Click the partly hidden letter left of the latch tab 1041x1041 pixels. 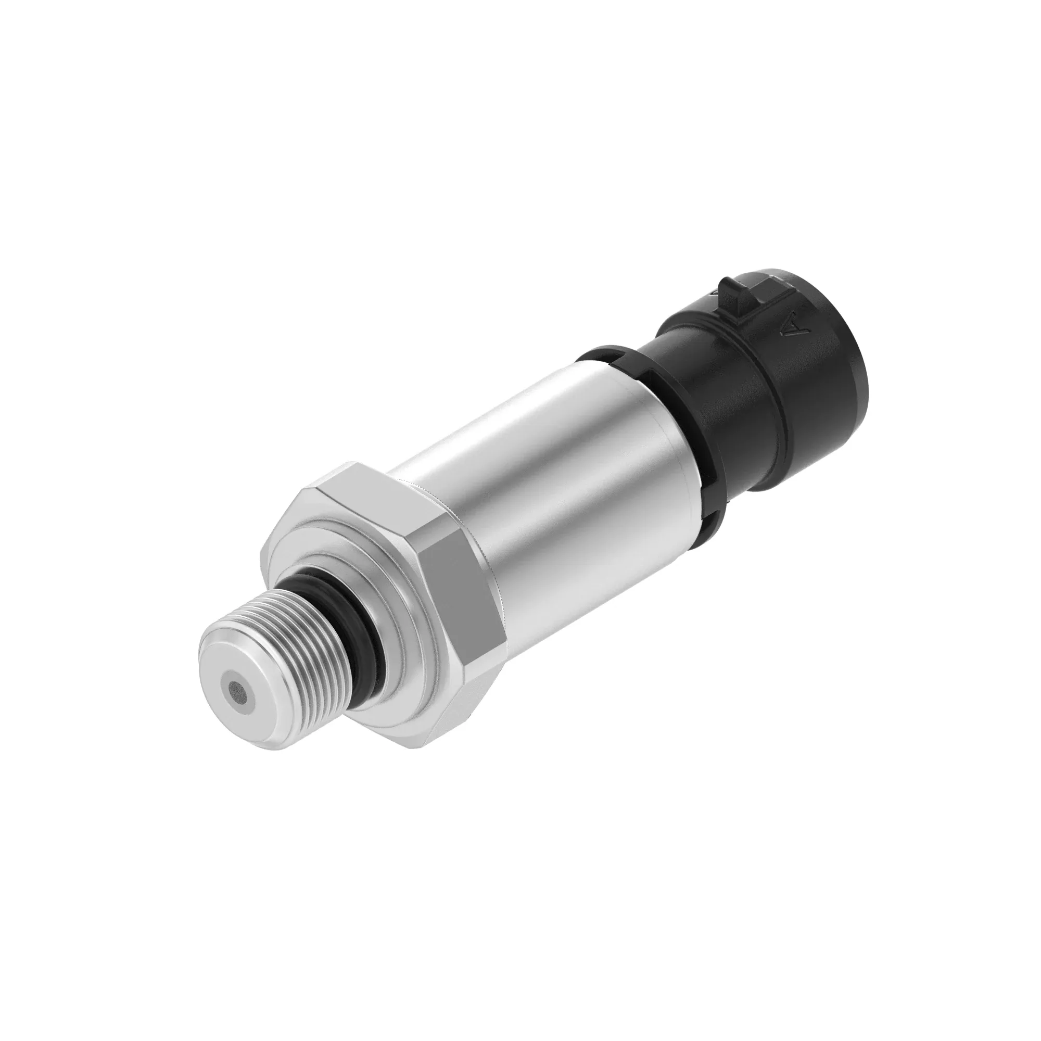pos(717,291)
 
